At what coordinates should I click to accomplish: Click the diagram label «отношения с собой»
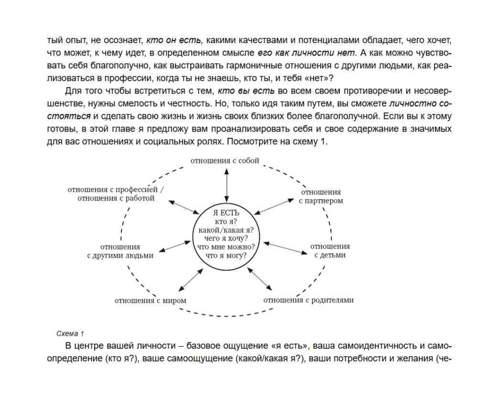click(x=225, y=160)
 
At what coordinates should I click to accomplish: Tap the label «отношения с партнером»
click(x=321, y=196)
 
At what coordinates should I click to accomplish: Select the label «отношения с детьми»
click(x=330, y=250)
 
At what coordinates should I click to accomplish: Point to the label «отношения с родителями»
click(x=309, y=300)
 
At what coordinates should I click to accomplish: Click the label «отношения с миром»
click(x=150, y=301)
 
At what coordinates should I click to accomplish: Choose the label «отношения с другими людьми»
click(x=120, y=251)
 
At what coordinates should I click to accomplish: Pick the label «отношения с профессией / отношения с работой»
click(x=116, y=193)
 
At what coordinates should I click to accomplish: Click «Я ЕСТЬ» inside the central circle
click(x=226, y=212)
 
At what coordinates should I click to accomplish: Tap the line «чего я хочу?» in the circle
click(x=226, y=238)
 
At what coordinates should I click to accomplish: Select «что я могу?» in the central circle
click(x=226, y=256)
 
